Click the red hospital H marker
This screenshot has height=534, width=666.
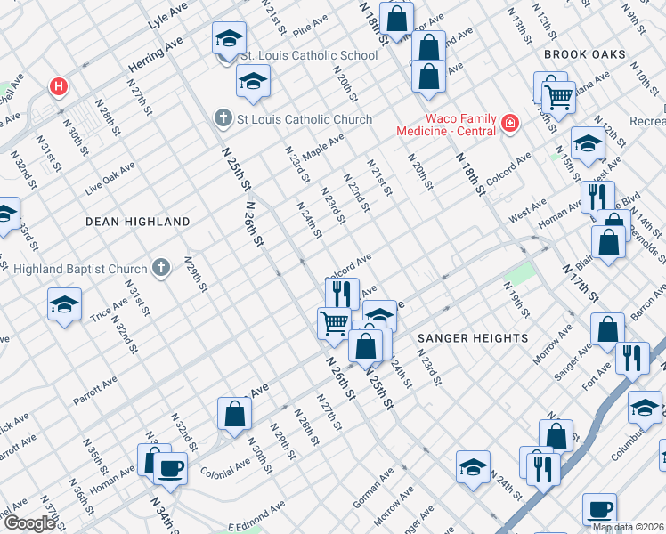59,86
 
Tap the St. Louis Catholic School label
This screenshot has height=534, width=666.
310,55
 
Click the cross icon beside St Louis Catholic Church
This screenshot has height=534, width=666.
223,118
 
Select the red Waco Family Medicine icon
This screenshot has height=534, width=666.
510,122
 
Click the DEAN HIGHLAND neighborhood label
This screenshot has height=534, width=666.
137,221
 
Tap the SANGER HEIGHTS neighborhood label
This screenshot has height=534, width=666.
472,338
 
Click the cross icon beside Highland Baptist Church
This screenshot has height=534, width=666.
161,266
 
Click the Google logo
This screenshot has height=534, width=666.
28,523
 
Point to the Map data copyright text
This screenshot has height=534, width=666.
629,527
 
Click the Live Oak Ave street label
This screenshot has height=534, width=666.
110,178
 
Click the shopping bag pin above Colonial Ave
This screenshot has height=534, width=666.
233,414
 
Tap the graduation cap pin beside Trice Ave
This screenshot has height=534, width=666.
65,305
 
